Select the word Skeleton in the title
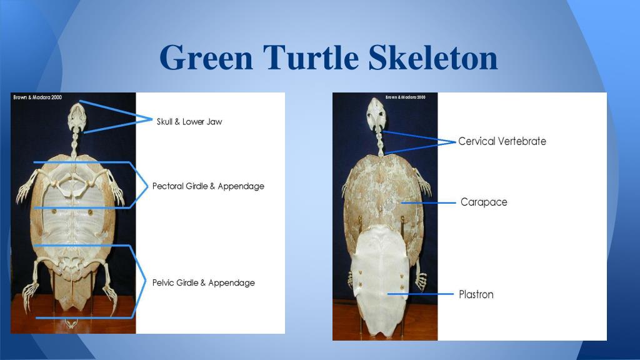coord(432,58)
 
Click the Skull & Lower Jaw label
coord(189,121)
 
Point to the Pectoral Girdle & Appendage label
coord(208,186)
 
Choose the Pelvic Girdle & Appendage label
coord(204,282)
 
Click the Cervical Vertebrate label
coord(502,141)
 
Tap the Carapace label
coord(484,202)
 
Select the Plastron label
coord(476,294)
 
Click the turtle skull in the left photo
coord(75,115)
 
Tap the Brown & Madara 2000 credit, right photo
coord(405,97)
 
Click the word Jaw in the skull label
coord(214,121)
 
